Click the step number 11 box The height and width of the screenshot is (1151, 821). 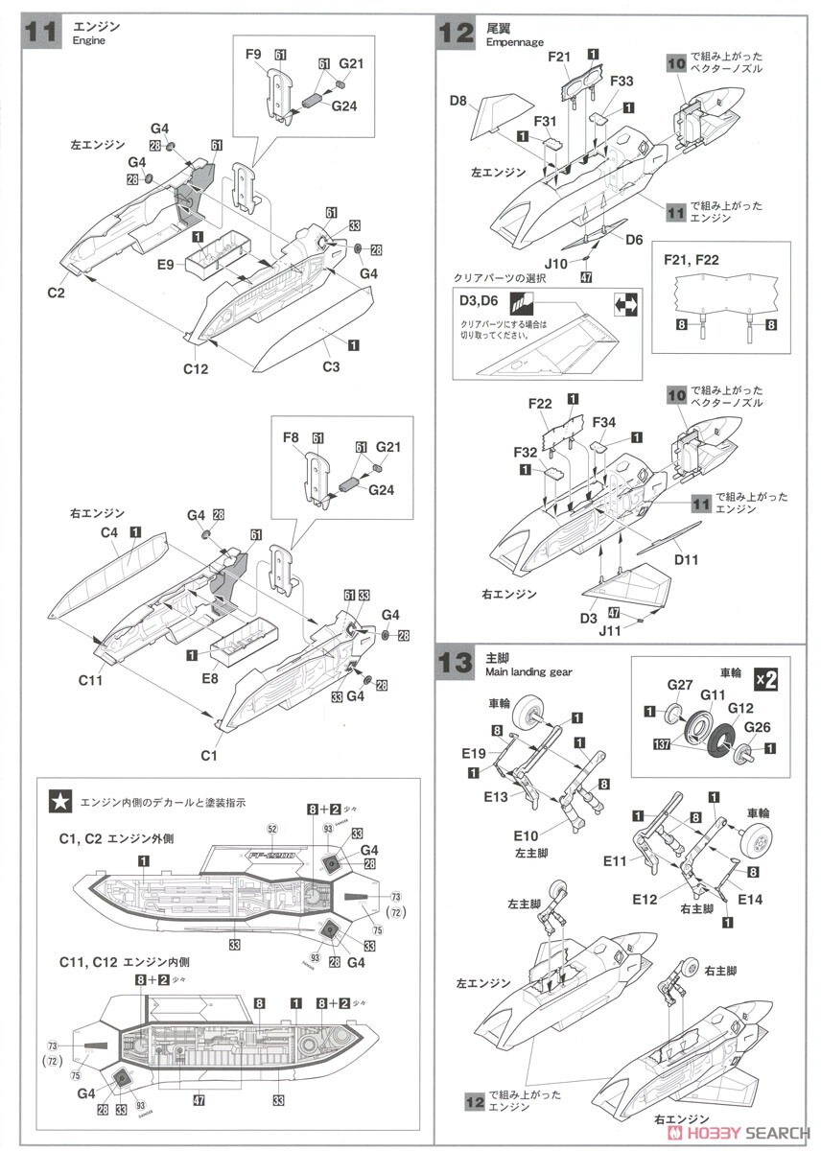41,32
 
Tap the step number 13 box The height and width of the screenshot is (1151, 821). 456,663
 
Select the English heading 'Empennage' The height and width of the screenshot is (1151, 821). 515,42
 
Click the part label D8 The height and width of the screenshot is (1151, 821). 457,101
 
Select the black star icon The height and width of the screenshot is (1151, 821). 59,801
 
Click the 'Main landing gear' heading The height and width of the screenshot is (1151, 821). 528,672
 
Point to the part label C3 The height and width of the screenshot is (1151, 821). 331,366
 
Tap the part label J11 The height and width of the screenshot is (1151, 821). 610,631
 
